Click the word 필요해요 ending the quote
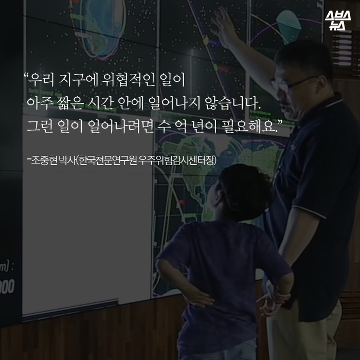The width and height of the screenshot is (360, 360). (255, 125)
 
